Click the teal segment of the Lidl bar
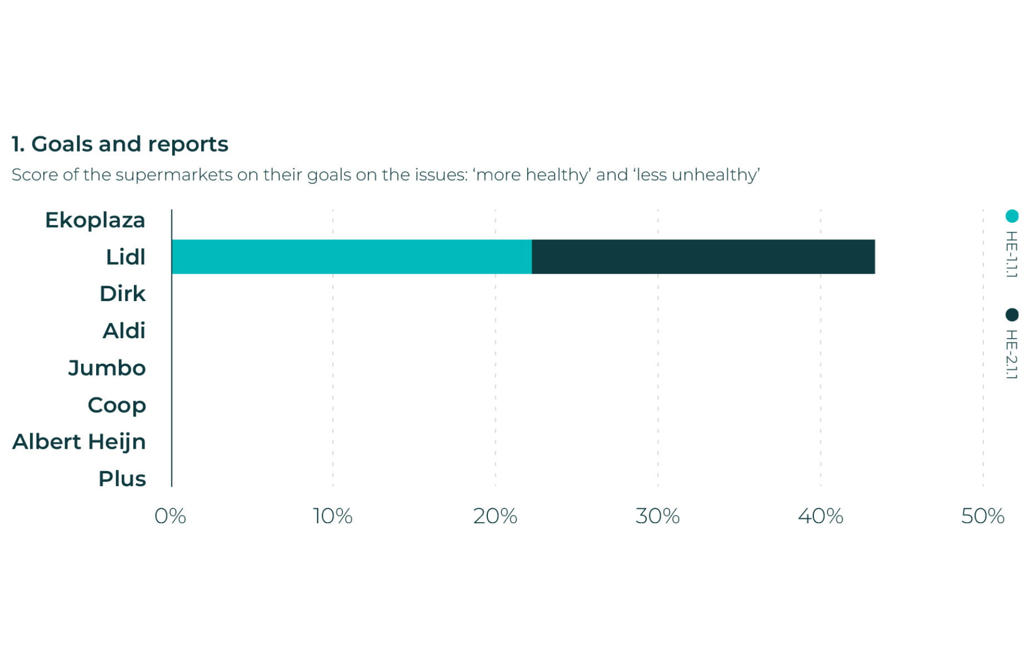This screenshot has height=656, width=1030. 351,257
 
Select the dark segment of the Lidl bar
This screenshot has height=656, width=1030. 703,257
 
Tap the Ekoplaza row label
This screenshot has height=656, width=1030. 95,220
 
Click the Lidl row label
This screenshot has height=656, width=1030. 126,257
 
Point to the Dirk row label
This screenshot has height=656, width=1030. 122,294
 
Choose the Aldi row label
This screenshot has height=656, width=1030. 124,331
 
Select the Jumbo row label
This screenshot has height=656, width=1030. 107,368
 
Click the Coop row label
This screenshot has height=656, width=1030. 117,405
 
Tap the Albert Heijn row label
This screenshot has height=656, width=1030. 79,442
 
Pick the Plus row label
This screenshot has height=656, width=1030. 122,479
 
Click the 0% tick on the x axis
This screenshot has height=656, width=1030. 170,516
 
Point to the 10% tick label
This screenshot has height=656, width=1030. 332,516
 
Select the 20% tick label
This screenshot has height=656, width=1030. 495,516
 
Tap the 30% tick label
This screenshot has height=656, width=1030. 657,516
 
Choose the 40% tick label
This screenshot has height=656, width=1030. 820,516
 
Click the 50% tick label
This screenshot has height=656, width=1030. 982,516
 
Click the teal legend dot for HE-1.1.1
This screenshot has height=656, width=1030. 1012,216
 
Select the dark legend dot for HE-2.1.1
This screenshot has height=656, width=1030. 1012,315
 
